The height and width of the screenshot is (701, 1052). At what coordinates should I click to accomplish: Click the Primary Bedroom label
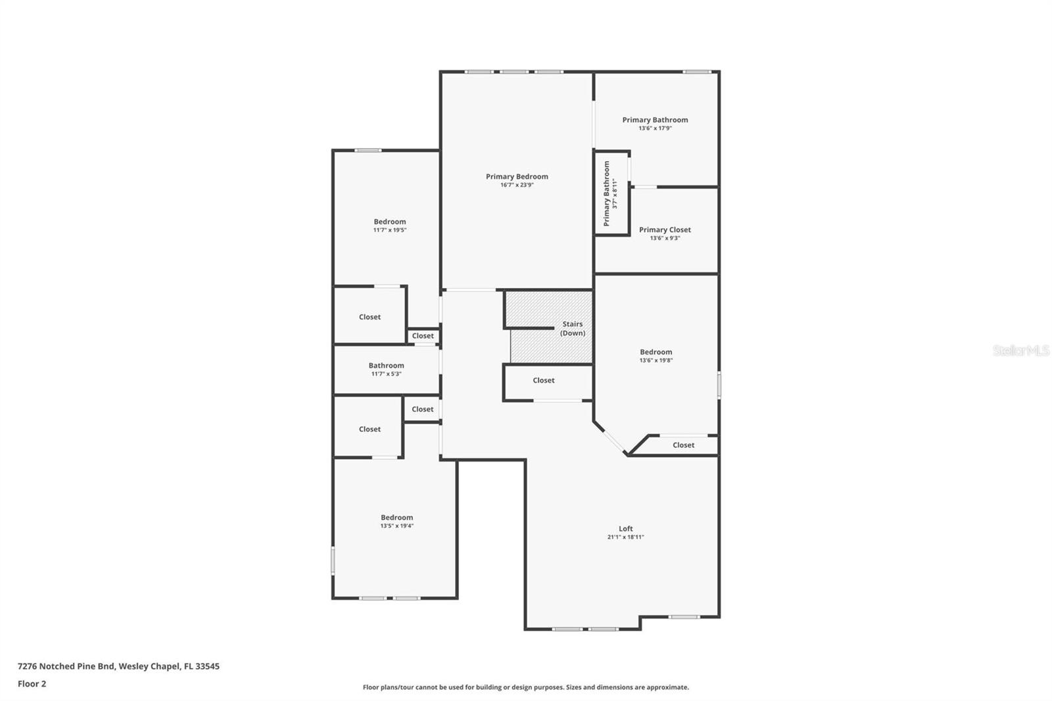tap(517, 177)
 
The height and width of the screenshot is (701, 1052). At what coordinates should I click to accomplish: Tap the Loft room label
tap(625, 529)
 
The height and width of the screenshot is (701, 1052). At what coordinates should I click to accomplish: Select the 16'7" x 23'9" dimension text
tap(517, 185)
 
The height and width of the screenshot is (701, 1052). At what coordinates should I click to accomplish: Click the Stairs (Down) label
tap(573, 328)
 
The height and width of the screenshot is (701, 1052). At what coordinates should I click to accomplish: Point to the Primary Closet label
tap(665, 230)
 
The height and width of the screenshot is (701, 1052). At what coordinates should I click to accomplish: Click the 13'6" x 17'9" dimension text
tap(655, 128)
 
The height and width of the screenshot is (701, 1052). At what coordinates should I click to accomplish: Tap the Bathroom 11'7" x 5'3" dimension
tap(386, 374)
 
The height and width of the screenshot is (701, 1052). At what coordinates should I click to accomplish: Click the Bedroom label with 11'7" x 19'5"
tap(390, 222)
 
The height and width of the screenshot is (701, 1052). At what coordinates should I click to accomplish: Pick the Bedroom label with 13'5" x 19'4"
tap(397, 518)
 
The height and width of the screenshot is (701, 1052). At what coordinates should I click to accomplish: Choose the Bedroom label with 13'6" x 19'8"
tap(656, 352)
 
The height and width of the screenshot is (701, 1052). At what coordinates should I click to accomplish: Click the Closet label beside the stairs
tap(543, 381)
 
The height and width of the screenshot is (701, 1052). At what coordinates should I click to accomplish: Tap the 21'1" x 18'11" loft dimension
tap(625, 537)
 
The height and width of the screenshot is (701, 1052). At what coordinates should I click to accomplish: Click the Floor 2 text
tap(32, 684)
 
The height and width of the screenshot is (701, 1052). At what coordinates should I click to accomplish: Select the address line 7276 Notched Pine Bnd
tap(118, 666)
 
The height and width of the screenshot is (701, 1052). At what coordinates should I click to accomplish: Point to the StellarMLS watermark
tap(1020, 350)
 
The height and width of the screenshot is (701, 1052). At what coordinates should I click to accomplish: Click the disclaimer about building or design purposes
tap(525, 687)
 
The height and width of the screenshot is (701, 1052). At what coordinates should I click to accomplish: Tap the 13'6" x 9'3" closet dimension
tap(665, 238)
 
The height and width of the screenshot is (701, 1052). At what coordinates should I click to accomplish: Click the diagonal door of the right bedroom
tap(614, 441)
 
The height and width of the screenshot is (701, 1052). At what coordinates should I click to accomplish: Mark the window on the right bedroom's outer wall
tap(719, 385)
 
